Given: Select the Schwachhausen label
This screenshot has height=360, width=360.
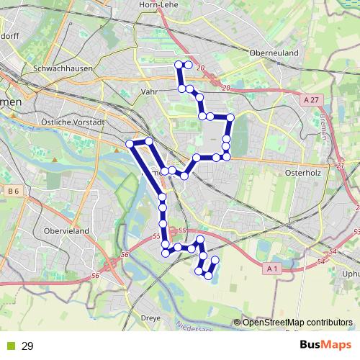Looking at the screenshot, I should (59, 68).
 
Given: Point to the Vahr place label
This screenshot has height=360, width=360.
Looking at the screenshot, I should (150, 92).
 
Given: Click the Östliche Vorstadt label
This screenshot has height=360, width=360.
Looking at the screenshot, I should (74, 122).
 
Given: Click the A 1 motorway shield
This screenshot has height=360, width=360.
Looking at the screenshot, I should (271, 268).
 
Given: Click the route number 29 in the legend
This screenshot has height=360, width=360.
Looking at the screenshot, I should (27, 346).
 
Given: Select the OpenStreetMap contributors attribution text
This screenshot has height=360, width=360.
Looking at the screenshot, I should (297, 322).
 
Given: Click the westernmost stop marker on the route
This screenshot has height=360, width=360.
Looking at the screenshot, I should (130, 144).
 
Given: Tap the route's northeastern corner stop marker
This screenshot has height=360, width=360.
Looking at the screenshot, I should (230, 117).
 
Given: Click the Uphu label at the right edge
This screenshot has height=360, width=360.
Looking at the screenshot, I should (350, 274).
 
